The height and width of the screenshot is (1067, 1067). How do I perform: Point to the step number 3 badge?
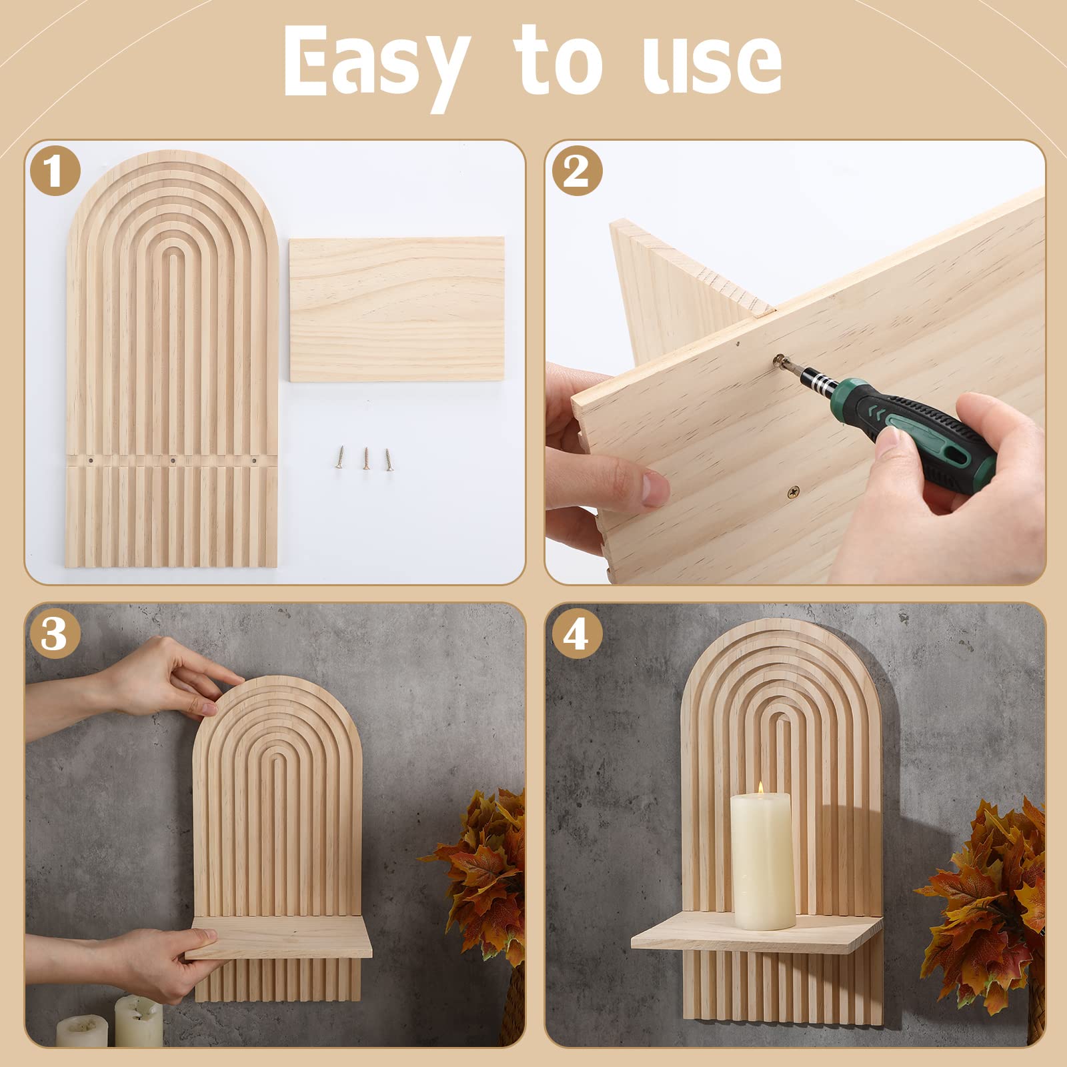coord(55,633)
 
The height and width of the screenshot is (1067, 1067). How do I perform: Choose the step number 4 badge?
coord(577,633)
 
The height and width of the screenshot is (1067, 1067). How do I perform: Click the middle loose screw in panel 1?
coord(365,459)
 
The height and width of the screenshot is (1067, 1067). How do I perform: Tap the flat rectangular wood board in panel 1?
coord(397,309)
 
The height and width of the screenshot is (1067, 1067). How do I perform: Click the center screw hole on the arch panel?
coord(172,460)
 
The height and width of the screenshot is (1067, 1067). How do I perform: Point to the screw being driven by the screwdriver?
coord(778,361)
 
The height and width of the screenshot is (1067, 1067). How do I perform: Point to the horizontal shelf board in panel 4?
coord(754,937)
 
